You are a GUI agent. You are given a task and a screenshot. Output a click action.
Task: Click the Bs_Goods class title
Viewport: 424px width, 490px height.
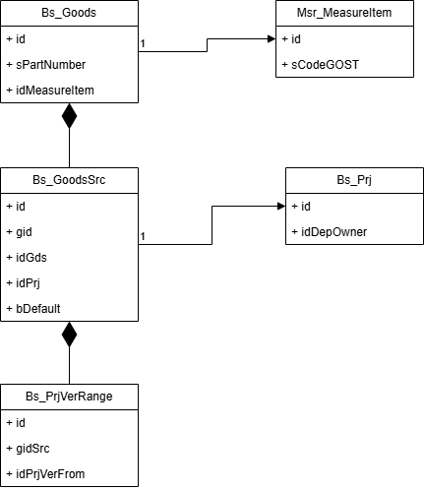click(x=69, y=13)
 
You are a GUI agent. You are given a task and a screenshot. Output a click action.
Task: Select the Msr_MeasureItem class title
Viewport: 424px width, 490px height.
click(x=344, y=13)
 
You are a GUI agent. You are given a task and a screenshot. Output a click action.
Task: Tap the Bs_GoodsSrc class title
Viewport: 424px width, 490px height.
click(x=69, y=180)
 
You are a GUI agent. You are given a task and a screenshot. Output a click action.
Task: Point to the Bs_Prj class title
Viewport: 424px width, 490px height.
click(x=354, y=180)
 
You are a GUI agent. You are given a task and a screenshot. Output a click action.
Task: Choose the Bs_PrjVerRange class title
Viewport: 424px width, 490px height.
click(x=69, y=397)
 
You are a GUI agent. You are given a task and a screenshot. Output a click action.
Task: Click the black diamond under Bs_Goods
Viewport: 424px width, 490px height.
click(x=69, y=116)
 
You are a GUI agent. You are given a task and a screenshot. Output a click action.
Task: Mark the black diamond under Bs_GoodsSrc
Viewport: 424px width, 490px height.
click(x=69, y=335)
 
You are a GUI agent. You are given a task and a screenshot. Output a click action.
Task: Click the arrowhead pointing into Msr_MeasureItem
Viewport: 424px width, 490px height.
click(x=272, y=39)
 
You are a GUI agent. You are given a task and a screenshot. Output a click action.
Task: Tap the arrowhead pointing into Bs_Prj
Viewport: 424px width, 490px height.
click(x=281, y=206)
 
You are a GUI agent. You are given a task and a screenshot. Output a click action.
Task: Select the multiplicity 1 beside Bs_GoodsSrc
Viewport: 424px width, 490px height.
click(x=143, y=236)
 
